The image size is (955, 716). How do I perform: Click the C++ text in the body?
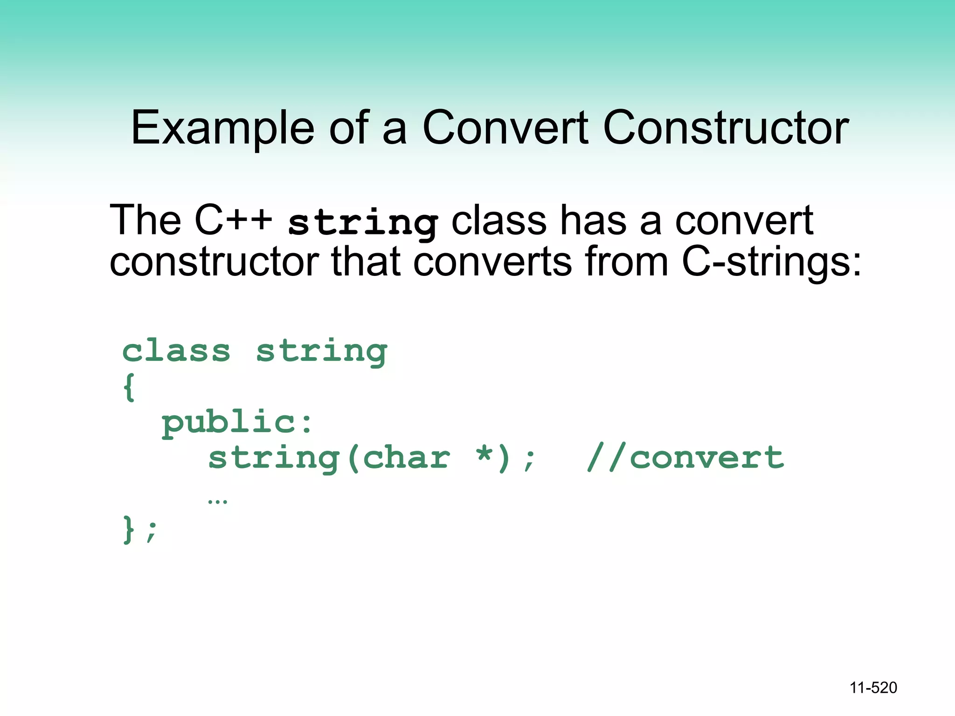233,220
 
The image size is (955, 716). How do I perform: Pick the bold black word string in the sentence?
363,223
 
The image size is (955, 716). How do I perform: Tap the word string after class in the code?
322,352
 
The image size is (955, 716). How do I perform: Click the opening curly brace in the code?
130,387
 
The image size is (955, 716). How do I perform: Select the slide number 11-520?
873,688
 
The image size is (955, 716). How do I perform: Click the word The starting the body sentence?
145,220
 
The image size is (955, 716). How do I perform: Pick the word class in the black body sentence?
499,220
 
